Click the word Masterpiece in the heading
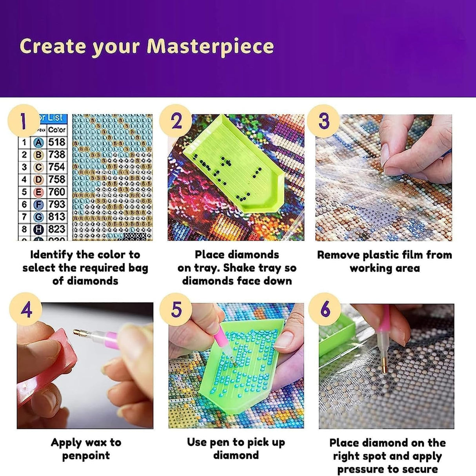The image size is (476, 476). (210, 46)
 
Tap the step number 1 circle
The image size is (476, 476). (24, 120)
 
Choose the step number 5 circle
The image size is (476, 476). (176, 309)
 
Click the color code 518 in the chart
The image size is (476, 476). (57, 142)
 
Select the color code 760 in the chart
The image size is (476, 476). (57, 192)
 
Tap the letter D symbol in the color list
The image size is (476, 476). (38, 180)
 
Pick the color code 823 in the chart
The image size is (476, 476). (57, 229)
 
